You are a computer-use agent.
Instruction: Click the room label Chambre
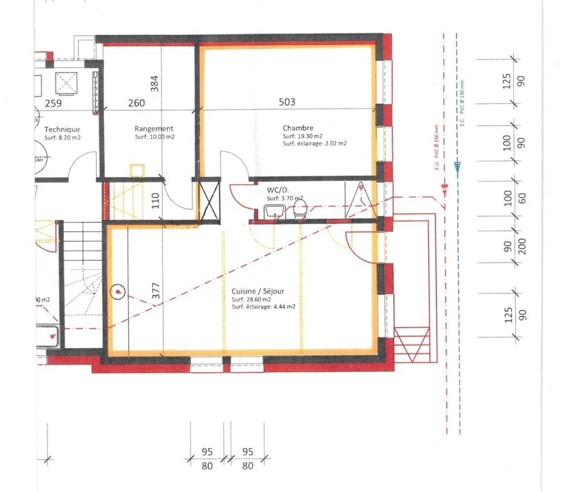[297, 128]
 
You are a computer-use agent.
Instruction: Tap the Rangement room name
[154, 129]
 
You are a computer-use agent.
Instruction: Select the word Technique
[62, 130]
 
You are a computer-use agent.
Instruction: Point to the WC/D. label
[279, 190]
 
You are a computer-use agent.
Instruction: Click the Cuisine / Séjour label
[258, 291]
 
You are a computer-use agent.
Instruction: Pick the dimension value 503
[287, 102]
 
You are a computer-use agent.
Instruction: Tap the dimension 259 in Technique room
[53, 103]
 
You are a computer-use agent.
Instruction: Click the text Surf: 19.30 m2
[303, 136]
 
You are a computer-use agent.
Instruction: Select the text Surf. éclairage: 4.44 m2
[263, 307]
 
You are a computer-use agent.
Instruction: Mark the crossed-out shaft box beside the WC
[209, 200]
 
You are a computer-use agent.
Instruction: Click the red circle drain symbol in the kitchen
[118, 292]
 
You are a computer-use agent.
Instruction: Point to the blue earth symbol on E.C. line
[456, 166]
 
